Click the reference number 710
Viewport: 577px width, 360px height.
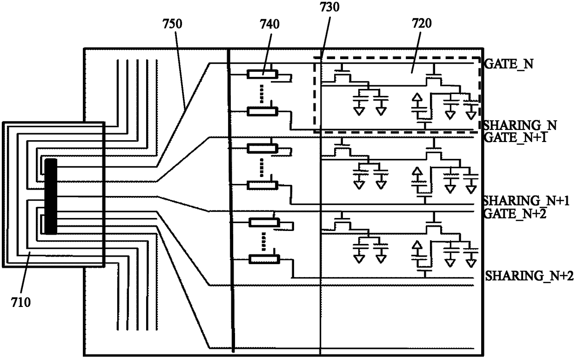[x=21, y=302]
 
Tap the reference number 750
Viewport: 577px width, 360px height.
[x=172, y=24]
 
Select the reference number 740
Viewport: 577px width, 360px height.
[x=270, y=24]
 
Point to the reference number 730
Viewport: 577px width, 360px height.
[x=330, y=7]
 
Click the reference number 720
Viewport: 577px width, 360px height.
[x=422, y=23]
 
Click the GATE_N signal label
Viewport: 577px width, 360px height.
[x=509, y=64]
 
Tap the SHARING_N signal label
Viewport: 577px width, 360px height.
[x=520, y=126]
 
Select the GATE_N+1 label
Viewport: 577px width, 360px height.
[x=516, y=137]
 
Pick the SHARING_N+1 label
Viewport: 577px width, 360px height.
[x=525, y=201]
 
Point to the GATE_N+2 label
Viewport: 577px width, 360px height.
[x=516, y=213]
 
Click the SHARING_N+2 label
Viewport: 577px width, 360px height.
[x=530, y=276]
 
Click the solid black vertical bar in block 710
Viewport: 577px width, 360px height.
[x=51, y=197]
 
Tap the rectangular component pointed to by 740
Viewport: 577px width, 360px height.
[x=262, y=74]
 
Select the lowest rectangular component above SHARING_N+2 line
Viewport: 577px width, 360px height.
[x=264, y=259]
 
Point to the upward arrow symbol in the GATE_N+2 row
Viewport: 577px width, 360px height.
[x=417, y=245]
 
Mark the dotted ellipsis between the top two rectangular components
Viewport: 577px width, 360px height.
[x=262, y=94]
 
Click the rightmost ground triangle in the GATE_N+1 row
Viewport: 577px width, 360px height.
[x=471, y=190]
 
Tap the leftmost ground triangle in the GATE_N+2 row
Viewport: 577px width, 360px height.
[x=359, y=259]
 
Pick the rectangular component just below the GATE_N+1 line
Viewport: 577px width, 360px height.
[x=262, y=148]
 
